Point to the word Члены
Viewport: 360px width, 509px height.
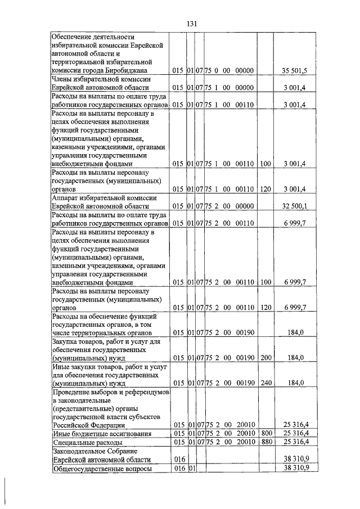[64, 79]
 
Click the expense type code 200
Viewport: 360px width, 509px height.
[266, 358]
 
